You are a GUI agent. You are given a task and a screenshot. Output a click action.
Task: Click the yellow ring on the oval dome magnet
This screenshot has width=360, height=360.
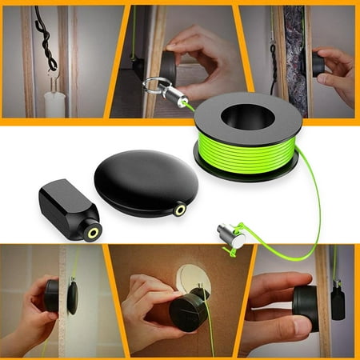click(180, 210)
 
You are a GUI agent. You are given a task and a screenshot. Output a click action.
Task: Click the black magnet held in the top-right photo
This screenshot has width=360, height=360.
click(318, 65)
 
